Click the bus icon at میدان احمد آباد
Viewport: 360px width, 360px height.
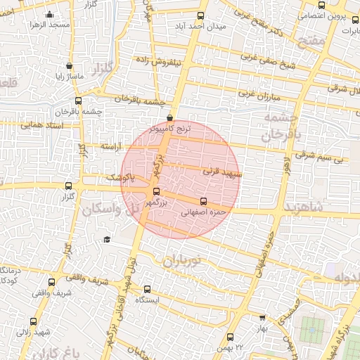coord(202,15)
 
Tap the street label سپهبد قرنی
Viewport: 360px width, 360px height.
coord(222,170)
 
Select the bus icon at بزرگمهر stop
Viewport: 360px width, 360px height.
coord(156,191)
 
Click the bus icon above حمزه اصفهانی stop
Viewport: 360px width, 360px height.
coord(203,200)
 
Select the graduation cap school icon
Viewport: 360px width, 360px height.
coord(106,240)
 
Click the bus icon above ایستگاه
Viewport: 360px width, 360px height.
coord(147,288)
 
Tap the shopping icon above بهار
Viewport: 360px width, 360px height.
coord(262,318)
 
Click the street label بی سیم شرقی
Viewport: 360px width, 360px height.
coord(330,160)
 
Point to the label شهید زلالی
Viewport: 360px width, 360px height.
coord(34,331)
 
